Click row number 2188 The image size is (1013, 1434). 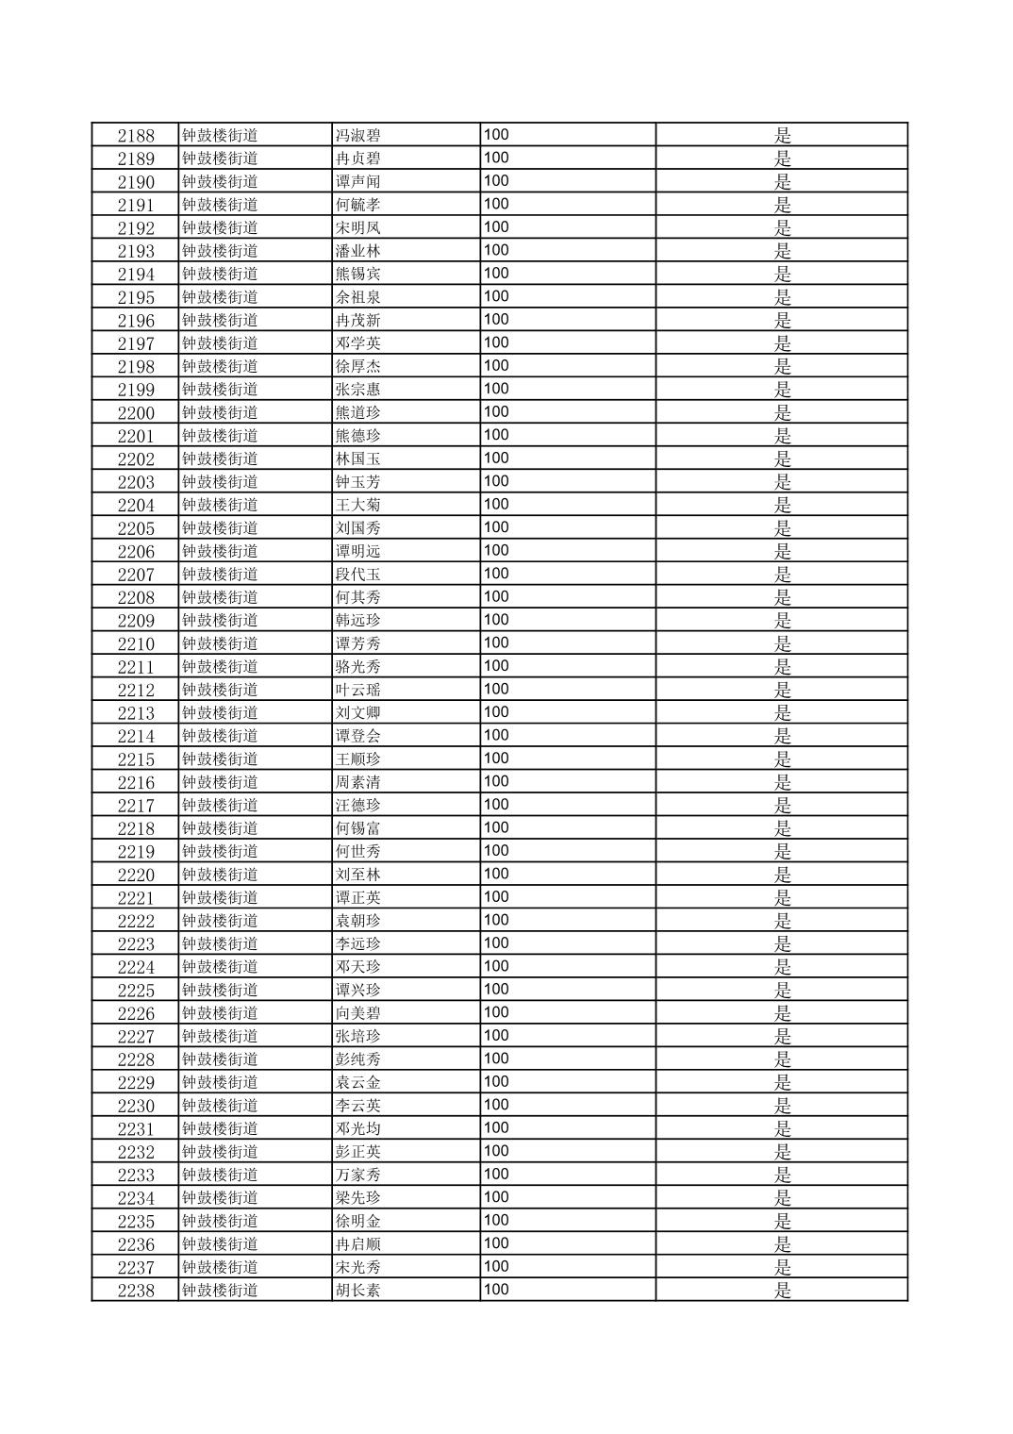[136, 136]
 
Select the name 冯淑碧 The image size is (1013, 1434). [358, 136]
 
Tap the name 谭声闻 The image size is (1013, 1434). [358, 182]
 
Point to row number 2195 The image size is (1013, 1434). [136, 297]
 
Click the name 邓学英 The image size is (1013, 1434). [358, 343]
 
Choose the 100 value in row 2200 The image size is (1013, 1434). [496, 412]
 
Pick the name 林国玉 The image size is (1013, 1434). [358, 459]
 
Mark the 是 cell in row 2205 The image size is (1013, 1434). [783, 528]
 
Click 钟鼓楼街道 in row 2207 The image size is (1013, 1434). [220, 575]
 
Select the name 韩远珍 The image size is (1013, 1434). [358, 621]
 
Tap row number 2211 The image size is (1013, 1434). [136, 667]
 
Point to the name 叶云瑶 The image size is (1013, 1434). [358, 690]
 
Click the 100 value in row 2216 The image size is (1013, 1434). [496, 782]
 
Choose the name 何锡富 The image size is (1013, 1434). [358, 828]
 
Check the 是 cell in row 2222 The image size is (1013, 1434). [783, 921]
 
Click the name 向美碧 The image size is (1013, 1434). [358, 1013]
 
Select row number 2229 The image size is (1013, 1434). [136, 1083]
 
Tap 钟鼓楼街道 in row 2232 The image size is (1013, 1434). [220, 1152]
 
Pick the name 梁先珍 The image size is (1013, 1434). [358, 1198]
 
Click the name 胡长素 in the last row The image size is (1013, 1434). [358, 1291]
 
